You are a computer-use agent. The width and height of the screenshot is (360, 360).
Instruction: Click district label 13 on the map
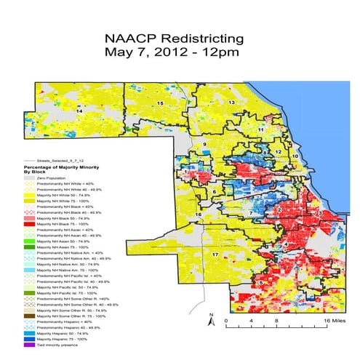click(231, 104)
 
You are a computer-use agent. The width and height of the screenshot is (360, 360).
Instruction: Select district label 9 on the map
click(205, 145)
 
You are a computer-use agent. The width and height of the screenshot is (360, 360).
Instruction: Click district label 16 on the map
click(198, 215)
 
